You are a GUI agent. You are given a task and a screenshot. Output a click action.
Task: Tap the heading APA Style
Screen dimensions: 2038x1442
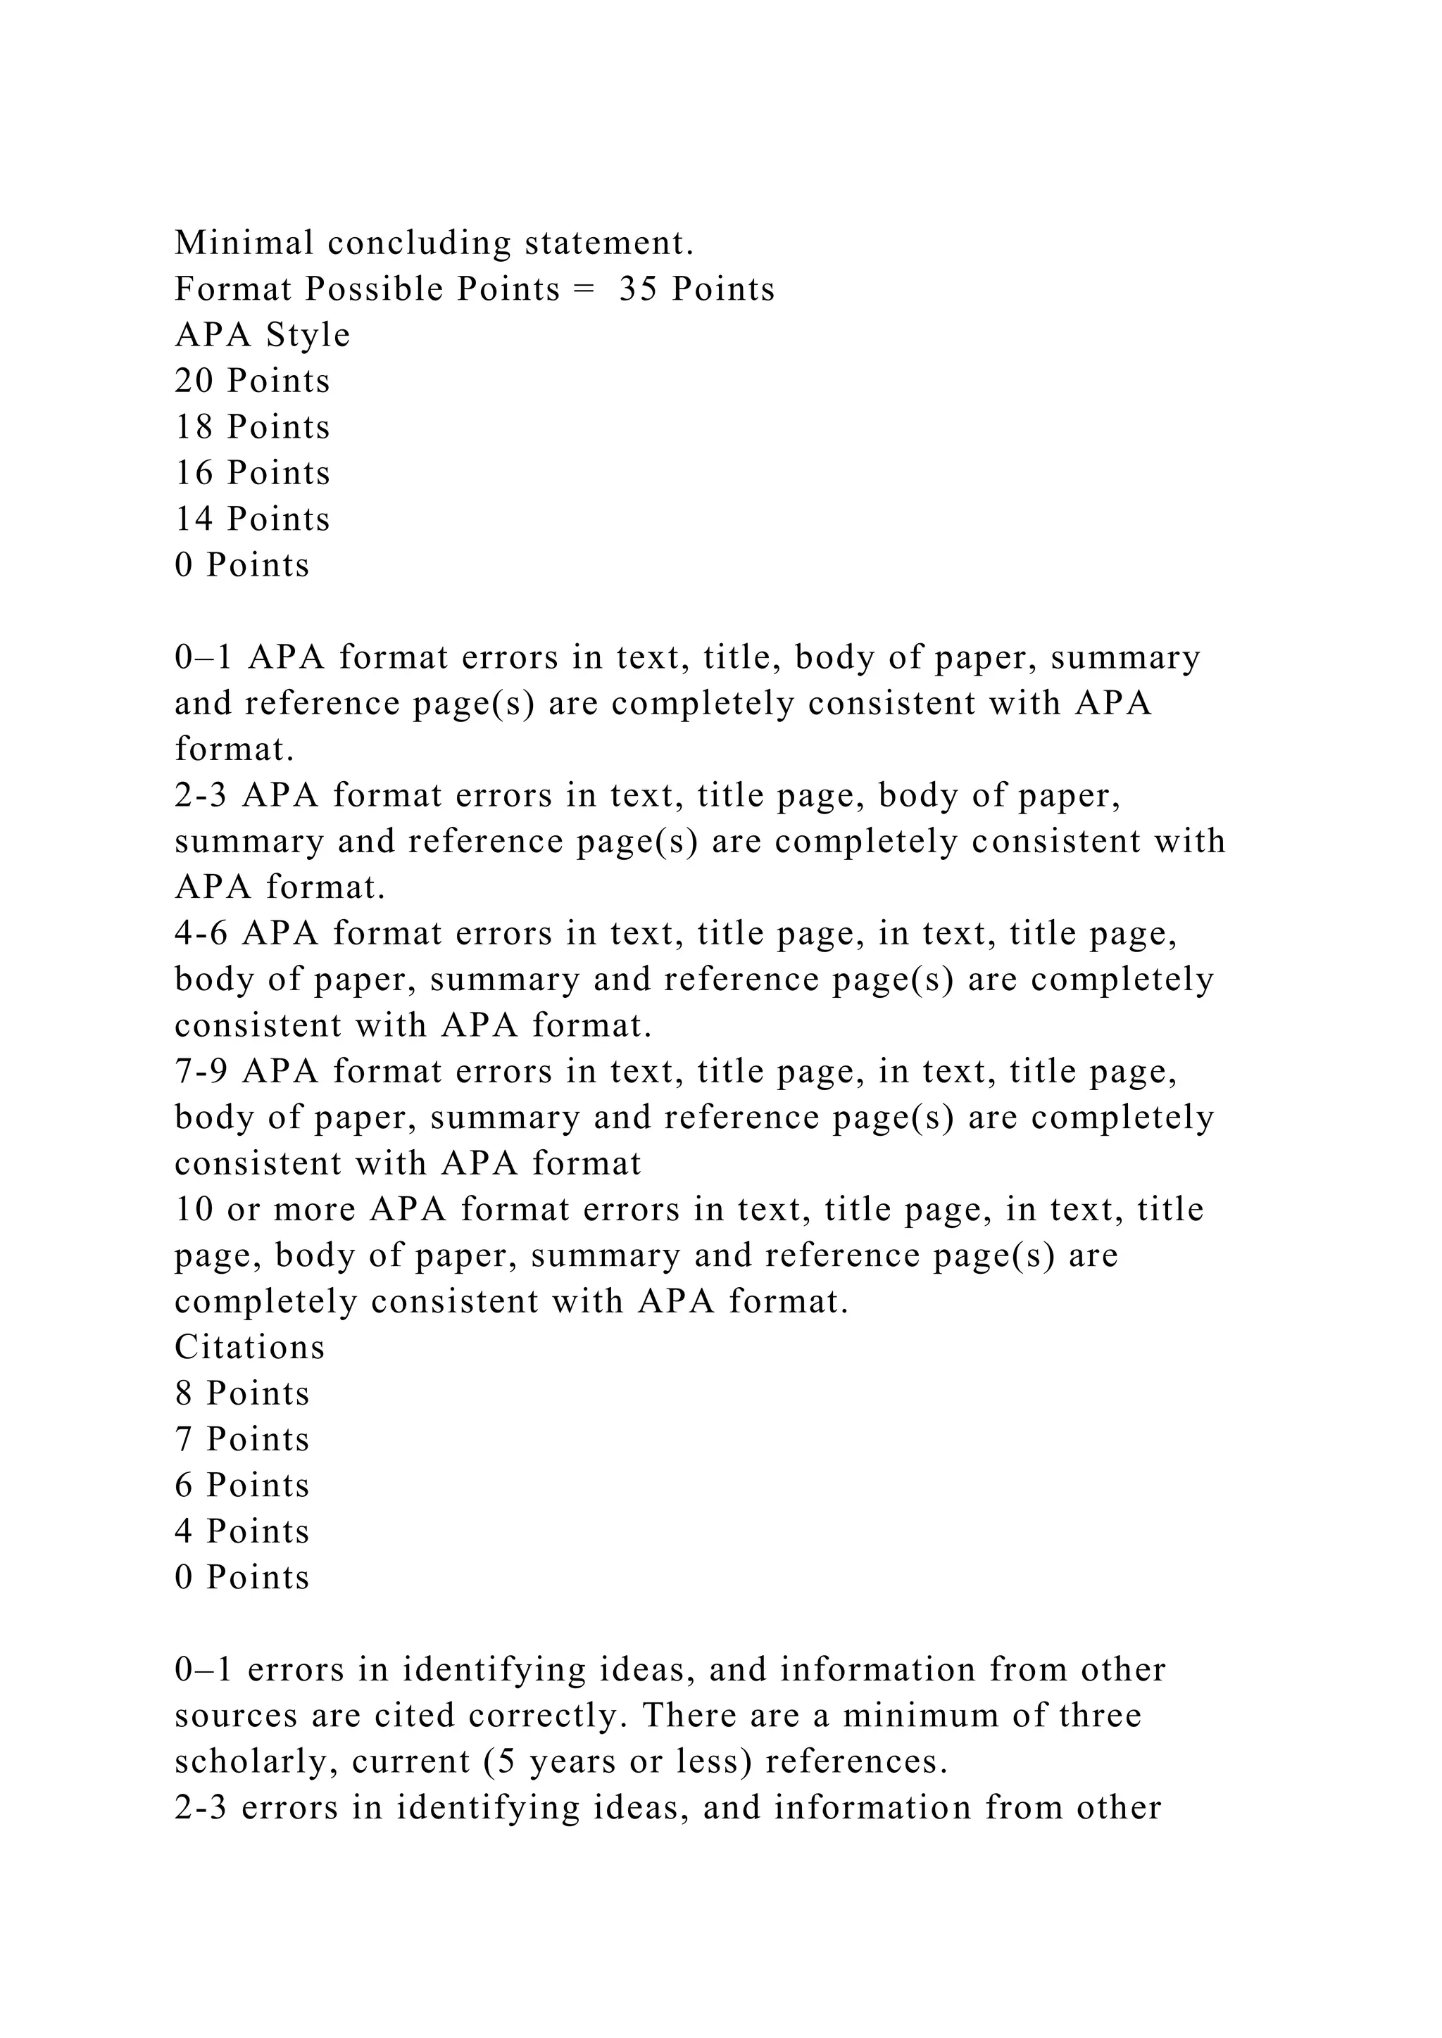point(263,336)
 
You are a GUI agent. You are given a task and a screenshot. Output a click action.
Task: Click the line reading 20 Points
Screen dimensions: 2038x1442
point(252,381)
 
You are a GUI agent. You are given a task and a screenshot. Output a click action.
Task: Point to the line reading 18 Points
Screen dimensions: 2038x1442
point(252,428)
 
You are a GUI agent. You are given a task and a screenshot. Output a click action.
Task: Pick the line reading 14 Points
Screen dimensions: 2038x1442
point(252,520)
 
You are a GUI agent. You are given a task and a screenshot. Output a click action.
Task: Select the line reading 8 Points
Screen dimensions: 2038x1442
point(242,1393)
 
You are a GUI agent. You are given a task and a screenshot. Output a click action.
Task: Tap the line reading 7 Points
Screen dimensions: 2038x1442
point(242,1440)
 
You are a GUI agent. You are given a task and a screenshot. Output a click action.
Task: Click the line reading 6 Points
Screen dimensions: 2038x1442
point(242,1486)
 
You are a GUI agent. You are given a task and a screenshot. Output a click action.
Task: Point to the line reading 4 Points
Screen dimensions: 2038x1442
point(242,1532)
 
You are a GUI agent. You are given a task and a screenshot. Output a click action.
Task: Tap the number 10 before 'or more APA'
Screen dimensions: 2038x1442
point(194,1210)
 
